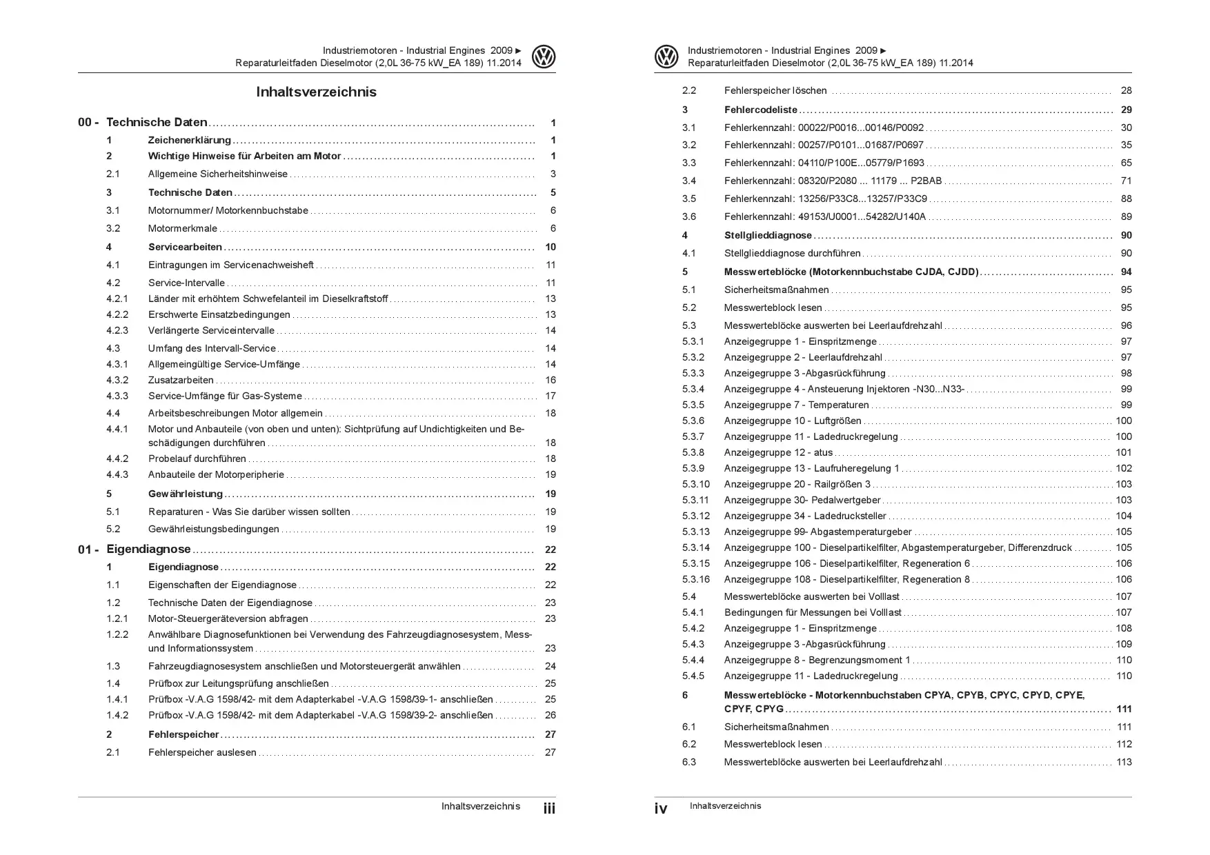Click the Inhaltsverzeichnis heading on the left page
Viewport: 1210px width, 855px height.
316,92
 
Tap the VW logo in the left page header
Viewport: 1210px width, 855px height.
544,57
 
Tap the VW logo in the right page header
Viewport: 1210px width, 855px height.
666,57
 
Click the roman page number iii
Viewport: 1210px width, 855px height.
549,808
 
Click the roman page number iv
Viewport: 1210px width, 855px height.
661,808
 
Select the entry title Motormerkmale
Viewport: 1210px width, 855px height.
182,228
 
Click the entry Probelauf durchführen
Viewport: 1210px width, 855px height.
197,459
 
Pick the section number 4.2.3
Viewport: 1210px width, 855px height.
117,330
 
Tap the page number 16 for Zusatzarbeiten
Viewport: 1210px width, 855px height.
551,380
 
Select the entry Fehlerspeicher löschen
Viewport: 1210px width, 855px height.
775,90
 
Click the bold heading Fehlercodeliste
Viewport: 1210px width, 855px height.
760,110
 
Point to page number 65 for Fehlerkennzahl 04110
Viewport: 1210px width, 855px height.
1126,163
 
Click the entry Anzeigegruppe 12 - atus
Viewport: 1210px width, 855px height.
778,452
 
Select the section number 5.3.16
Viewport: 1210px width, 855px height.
695,579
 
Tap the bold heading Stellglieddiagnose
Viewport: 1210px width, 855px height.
768,235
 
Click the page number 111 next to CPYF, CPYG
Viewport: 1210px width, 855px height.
1124,709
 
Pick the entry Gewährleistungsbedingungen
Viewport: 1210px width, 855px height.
214,529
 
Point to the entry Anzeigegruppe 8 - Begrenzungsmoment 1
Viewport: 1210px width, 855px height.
817,660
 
